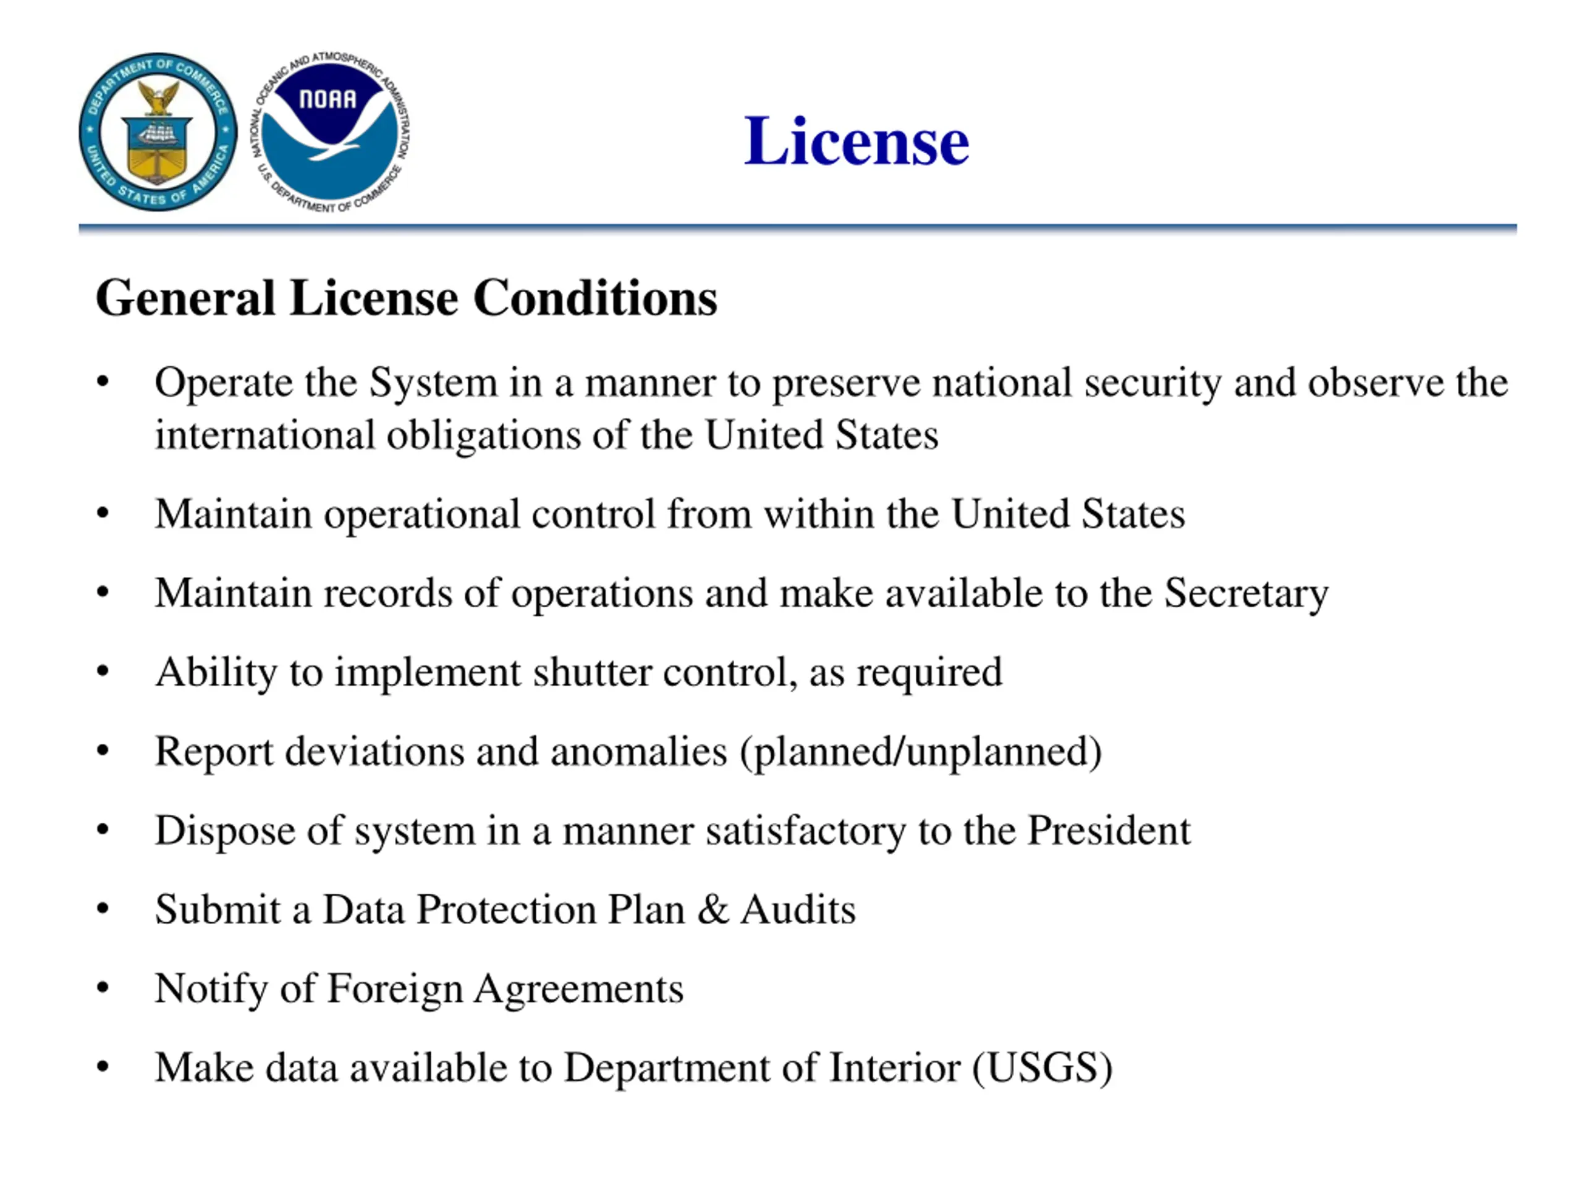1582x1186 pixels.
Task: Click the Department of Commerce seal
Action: (x=158, y=132)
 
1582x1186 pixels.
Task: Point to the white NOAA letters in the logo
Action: (x=328, y=99)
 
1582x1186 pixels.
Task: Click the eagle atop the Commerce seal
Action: (x=158, y=96)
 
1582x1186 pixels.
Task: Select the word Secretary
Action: (x=1246, y=594)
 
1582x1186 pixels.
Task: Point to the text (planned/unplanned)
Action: (x=921, y=752)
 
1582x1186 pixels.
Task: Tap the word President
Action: (x=1109, y=831)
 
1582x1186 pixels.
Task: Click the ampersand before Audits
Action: (x=713, y=909)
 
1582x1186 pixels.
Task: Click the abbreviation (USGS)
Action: (x=1042, y=1068)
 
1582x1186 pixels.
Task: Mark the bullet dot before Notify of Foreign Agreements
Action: (x=103, y=988)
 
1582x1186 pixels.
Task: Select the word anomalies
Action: (x=638, y=752)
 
